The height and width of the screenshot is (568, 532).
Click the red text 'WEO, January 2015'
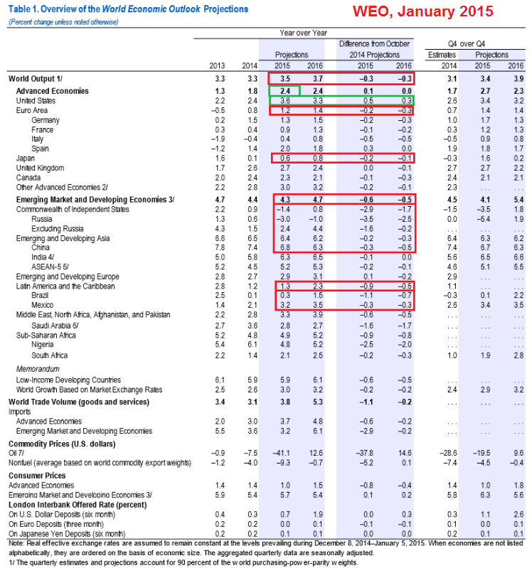click(423, 11)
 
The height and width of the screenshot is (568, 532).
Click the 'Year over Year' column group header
click(303, 33)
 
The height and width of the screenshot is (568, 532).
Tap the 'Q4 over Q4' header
click(467, 44)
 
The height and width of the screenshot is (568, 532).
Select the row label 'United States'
click(36, 101)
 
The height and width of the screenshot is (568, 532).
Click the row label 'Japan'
click(26, 159)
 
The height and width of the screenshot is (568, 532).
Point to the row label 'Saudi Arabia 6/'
click(55, 326)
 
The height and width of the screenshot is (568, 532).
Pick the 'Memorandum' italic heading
click(38, 369)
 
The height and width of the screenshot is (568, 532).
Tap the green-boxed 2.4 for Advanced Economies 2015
click(284, 91)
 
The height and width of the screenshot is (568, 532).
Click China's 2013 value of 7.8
click(220, 247)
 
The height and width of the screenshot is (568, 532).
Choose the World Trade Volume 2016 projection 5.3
click(318, 402)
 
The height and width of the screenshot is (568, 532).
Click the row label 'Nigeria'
click(43, 345)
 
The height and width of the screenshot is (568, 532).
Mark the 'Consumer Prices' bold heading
click(37, 476)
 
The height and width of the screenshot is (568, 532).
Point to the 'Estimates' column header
click(442, 55)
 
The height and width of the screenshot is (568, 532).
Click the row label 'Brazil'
click(40, 295)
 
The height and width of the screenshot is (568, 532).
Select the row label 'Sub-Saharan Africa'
click(46, 336)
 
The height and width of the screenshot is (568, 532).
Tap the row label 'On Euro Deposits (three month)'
click(56, 524)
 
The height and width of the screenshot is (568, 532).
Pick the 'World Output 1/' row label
click(35, 79)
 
